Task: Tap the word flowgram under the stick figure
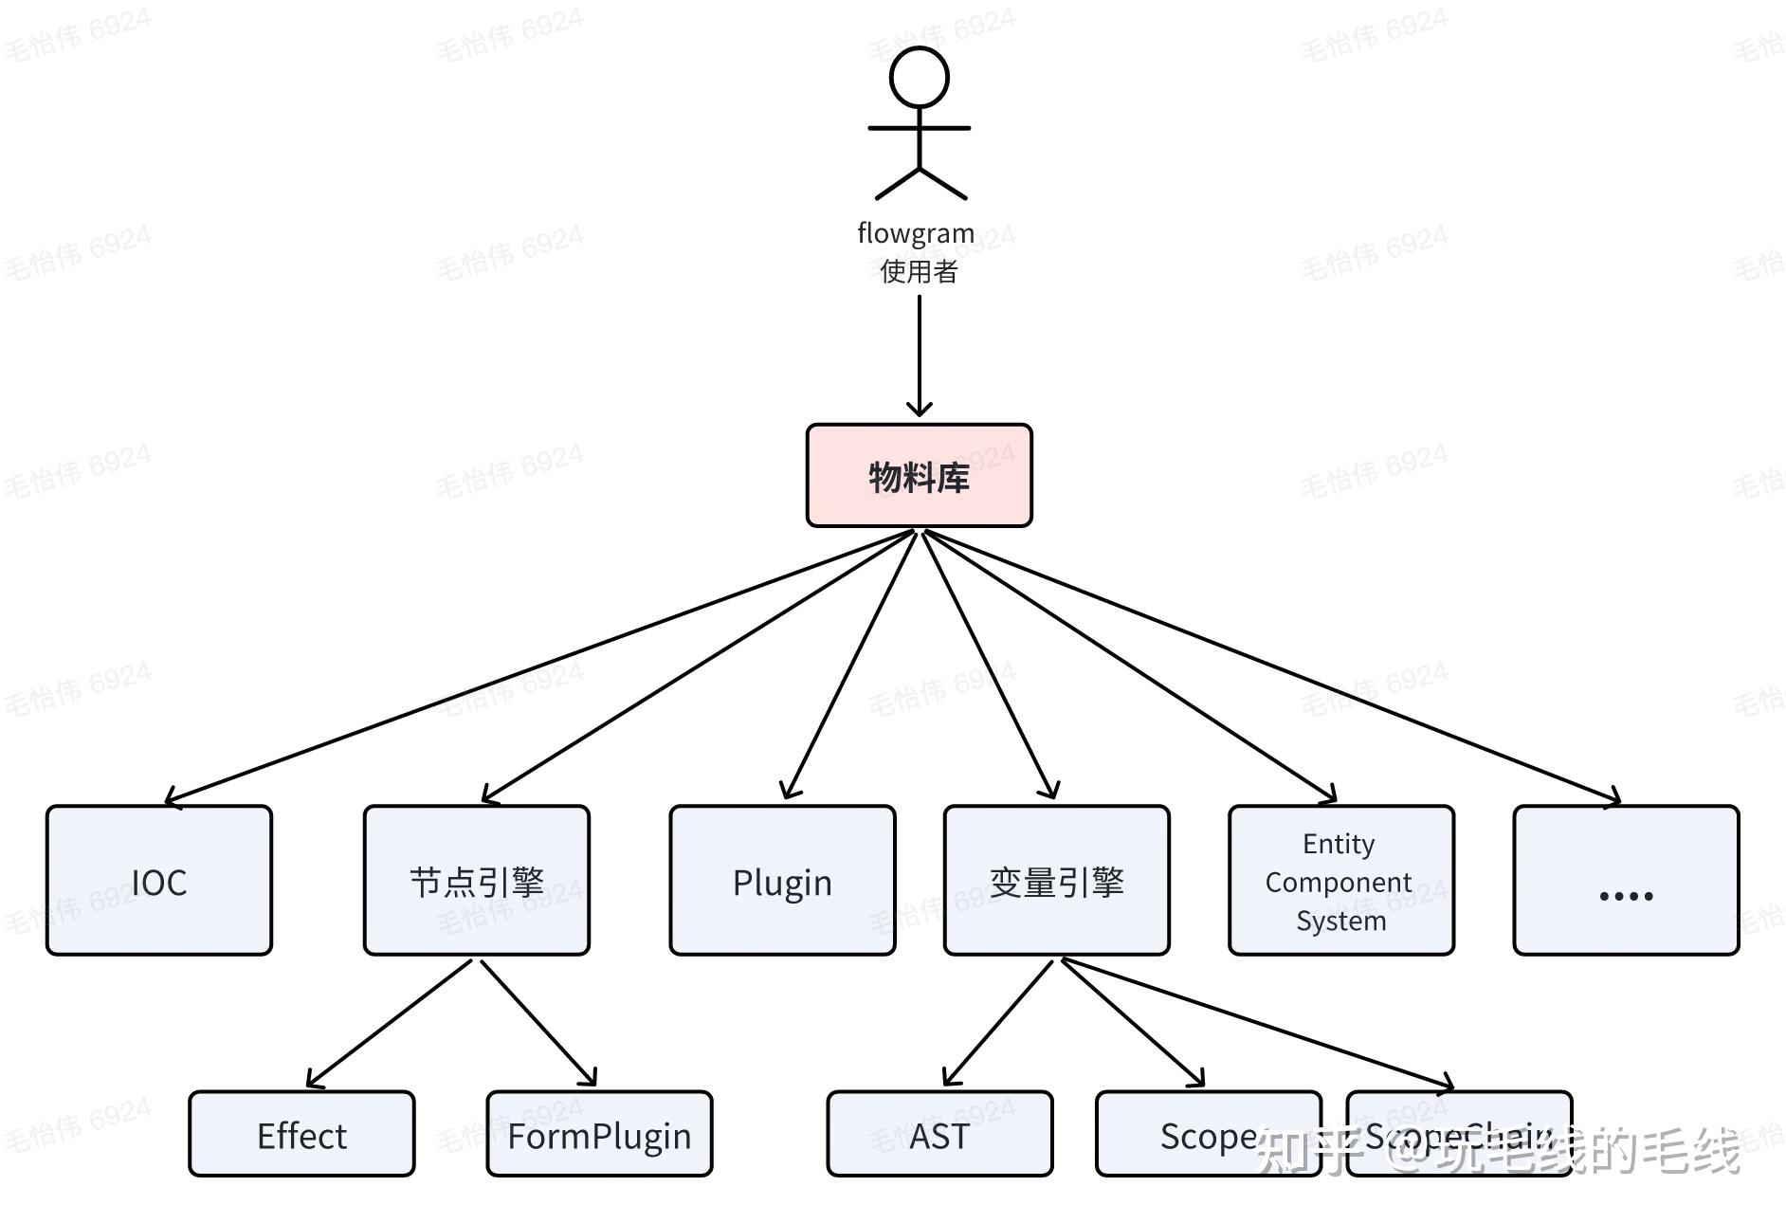pos(915,233)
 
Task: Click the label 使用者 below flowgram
pos(919,272)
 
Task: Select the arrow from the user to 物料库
pos(919,356)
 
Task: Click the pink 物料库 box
pos(919,476)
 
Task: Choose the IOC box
pos(159,881)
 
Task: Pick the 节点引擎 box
pos(477,881)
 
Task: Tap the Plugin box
pos(782,881)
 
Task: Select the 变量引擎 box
pos(1056,881)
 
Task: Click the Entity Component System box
pos(1340,881)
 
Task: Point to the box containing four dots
pos(1626,881)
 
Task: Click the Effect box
pos(301,1134)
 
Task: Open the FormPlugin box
pos(599,1134)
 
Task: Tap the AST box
pos(939,1134)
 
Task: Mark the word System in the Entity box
pos(1340,922)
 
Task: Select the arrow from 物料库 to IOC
pos(540,666)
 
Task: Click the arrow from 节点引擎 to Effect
pos(389,1024)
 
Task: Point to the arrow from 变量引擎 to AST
pos(998,1023)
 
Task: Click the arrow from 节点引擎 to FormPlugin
pos(538,1023)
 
